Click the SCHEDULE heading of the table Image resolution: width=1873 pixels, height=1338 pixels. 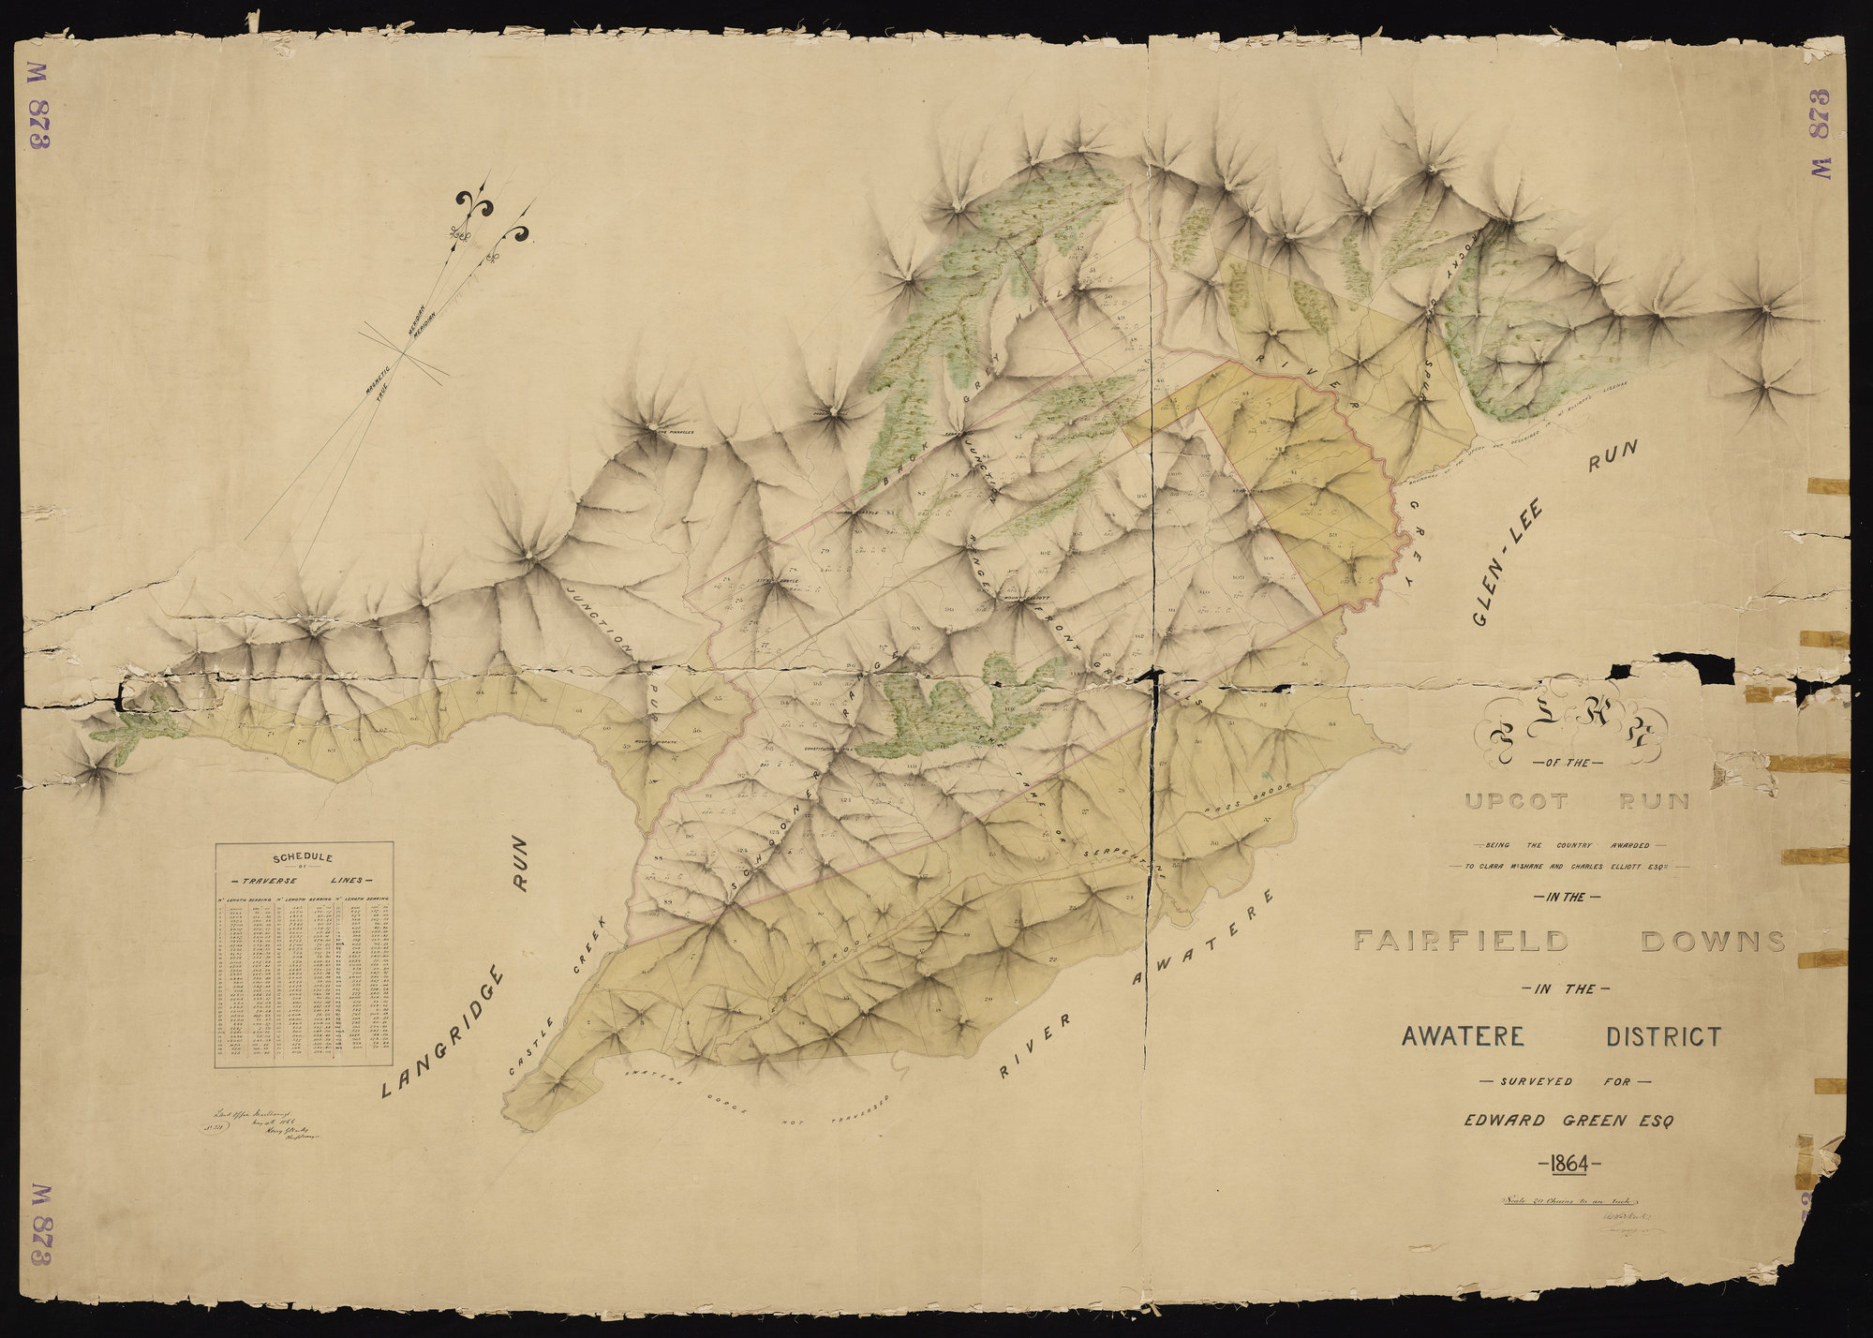pos(302,856)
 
